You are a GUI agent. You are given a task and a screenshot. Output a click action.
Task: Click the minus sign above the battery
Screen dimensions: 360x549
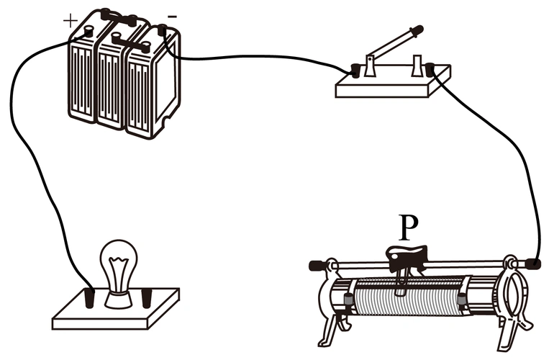point(171,15)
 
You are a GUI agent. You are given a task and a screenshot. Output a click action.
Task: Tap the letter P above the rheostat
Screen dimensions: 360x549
point(408,228)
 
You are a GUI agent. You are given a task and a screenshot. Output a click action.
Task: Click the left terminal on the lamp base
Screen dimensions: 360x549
point(91,297)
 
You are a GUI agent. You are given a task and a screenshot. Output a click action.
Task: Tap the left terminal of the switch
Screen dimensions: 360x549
point(354,71)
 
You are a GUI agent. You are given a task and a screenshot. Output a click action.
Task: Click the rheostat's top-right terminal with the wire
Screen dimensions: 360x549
point(534,264)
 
